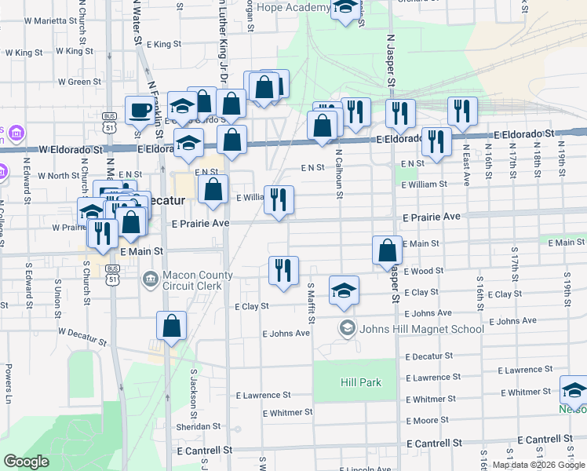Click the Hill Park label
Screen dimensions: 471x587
click(361, 382)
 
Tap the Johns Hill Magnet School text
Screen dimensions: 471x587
click(421, 328)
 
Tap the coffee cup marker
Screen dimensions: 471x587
click(140, 111)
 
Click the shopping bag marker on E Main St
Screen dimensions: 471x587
click(387, 251)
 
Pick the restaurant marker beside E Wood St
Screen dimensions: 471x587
click(283, 270)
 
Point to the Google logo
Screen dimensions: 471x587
click(27, 462)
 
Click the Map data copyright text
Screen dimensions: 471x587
click(538, 465)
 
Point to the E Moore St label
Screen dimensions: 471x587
click(427, 421)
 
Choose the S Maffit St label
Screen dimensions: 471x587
click(312, 302)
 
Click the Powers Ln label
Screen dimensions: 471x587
click(9, 380)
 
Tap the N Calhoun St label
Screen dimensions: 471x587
click(338, 168)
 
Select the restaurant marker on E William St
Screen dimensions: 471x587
click(279, 201)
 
